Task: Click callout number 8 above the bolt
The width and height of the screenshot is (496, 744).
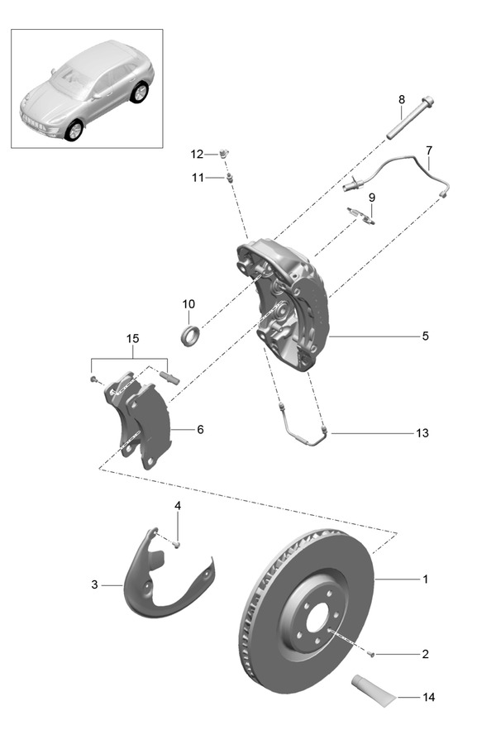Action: pyautogui.click(x=402, y=100)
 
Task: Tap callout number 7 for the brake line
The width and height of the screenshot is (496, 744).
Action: pyautogui.click(x=429, y=150)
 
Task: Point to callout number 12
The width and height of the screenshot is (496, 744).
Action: pyautogui.click(x=196, y=154)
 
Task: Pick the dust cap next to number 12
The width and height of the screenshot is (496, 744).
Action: pyautogui.click(x=224, y=152)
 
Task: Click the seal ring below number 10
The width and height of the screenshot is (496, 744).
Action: pyautogui.click(x=191, y=335)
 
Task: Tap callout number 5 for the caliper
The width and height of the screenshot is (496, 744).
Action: pyautogui.click(x=425, y=336)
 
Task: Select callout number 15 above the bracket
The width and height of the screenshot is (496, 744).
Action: pyautogui.click(x=133, y=339)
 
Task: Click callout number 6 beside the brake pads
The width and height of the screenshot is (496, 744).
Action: pyautogui.click(x=199, y=430)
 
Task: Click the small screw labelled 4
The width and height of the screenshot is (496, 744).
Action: pyautogui.click(x=177, y=544)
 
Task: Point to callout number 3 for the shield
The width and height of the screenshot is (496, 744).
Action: pyautogui.click(x=94, y=584)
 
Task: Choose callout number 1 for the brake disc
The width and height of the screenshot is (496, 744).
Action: pyautogui.click(x=425, y=579)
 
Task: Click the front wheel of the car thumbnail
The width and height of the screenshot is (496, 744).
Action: pyautogui.click(x=74, y=130)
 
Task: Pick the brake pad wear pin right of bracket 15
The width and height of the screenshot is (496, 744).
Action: pyautogui.click(x=170, y=377)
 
